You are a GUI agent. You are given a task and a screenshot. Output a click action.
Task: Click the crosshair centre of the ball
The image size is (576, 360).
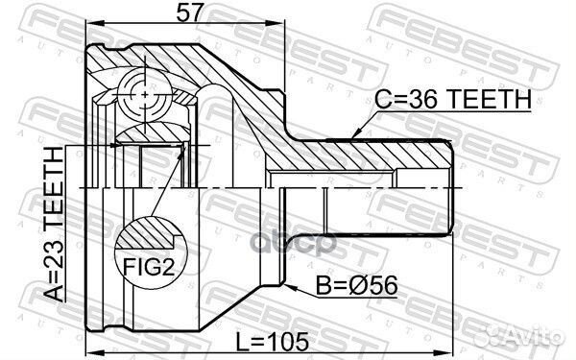141,96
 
